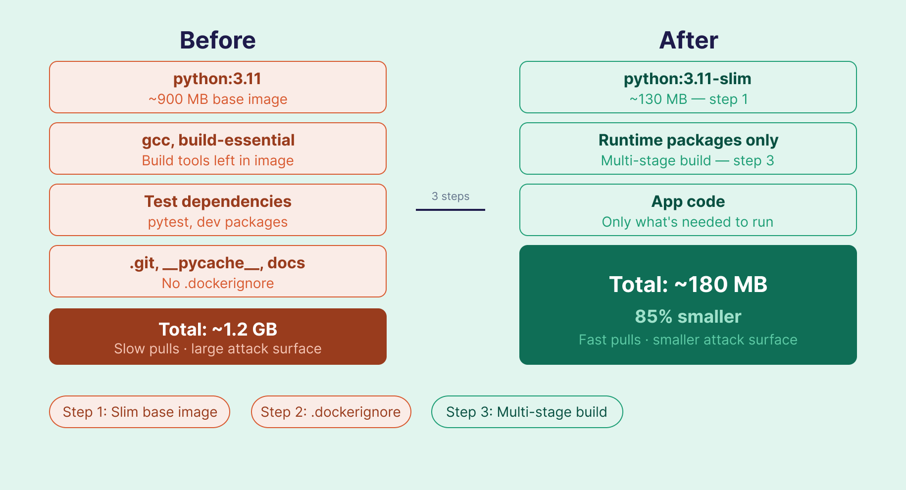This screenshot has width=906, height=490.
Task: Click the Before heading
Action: click(217, 41)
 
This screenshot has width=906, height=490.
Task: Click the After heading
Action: click(688, 41)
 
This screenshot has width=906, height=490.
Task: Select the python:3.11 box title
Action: click(217, 79)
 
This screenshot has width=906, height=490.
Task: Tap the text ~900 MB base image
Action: click(217, 99)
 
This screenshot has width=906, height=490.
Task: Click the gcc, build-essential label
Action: click(218, 140)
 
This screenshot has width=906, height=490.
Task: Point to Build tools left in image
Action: click(217, 161)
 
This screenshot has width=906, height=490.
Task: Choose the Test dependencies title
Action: click(218, 201)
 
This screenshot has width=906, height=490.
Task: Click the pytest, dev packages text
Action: click(217, 222)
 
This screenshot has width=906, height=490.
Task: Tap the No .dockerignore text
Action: click(217, 284)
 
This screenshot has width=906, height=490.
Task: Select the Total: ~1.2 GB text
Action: click(218, 329)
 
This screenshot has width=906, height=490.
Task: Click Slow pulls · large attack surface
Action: click(217, 349)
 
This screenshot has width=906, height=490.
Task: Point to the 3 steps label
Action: click(451, 196)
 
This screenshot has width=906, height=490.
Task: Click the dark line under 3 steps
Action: click(451, 210)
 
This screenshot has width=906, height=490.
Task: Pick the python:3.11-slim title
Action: click(688, 79)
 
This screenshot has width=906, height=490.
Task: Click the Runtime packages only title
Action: click(688, 140)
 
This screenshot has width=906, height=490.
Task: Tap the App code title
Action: click(688, 201)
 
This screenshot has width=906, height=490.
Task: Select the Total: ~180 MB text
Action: click(688, 285)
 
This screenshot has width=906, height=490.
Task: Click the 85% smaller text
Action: click(688, 317)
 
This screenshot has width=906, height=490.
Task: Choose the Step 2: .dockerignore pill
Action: click(331, 412)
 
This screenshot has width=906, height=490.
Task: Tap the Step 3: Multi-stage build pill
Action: click(527, 412)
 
